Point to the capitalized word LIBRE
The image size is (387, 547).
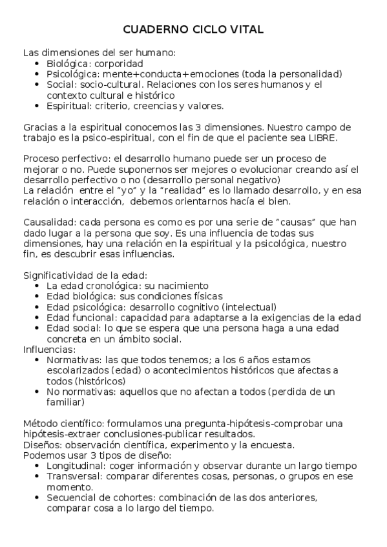(x=320, y=137)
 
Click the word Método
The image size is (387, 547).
(x=40, y=423)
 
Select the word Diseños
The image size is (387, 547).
(x=41, y=444)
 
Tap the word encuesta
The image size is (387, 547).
(x=274, y=444)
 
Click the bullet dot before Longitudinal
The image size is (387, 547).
(x=41, y=465)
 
